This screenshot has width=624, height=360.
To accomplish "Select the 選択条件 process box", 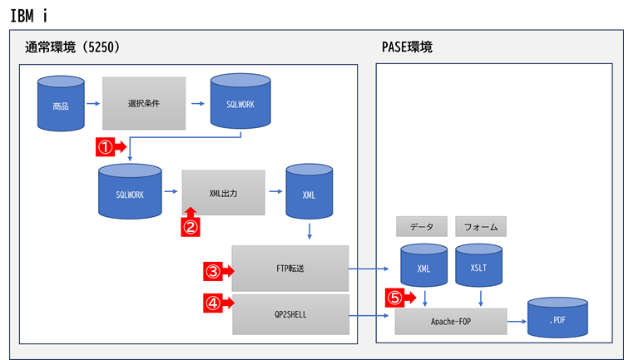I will coord(144,104).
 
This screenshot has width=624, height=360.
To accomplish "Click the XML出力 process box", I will coord(223,193).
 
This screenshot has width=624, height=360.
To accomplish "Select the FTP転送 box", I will coord(290,269).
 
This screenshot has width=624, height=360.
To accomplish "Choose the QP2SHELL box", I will coord(290,314).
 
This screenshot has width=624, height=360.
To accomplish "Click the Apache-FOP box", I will coord(450,321).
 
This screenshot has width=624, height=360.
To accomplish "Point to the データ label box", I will coord(422,225).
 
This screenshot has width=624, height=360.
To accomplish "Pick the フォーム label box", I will coord(481,225).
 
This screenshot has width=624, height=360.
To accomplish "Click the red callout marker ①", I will coord(111,147).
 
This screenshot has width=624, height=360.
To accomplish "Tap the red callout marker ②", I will coord(191,223).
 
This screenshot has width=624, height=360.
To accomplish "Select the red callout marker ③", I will coord(217,269).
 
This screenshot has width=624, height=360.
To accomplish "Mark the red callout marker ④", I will coord(217,303).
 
